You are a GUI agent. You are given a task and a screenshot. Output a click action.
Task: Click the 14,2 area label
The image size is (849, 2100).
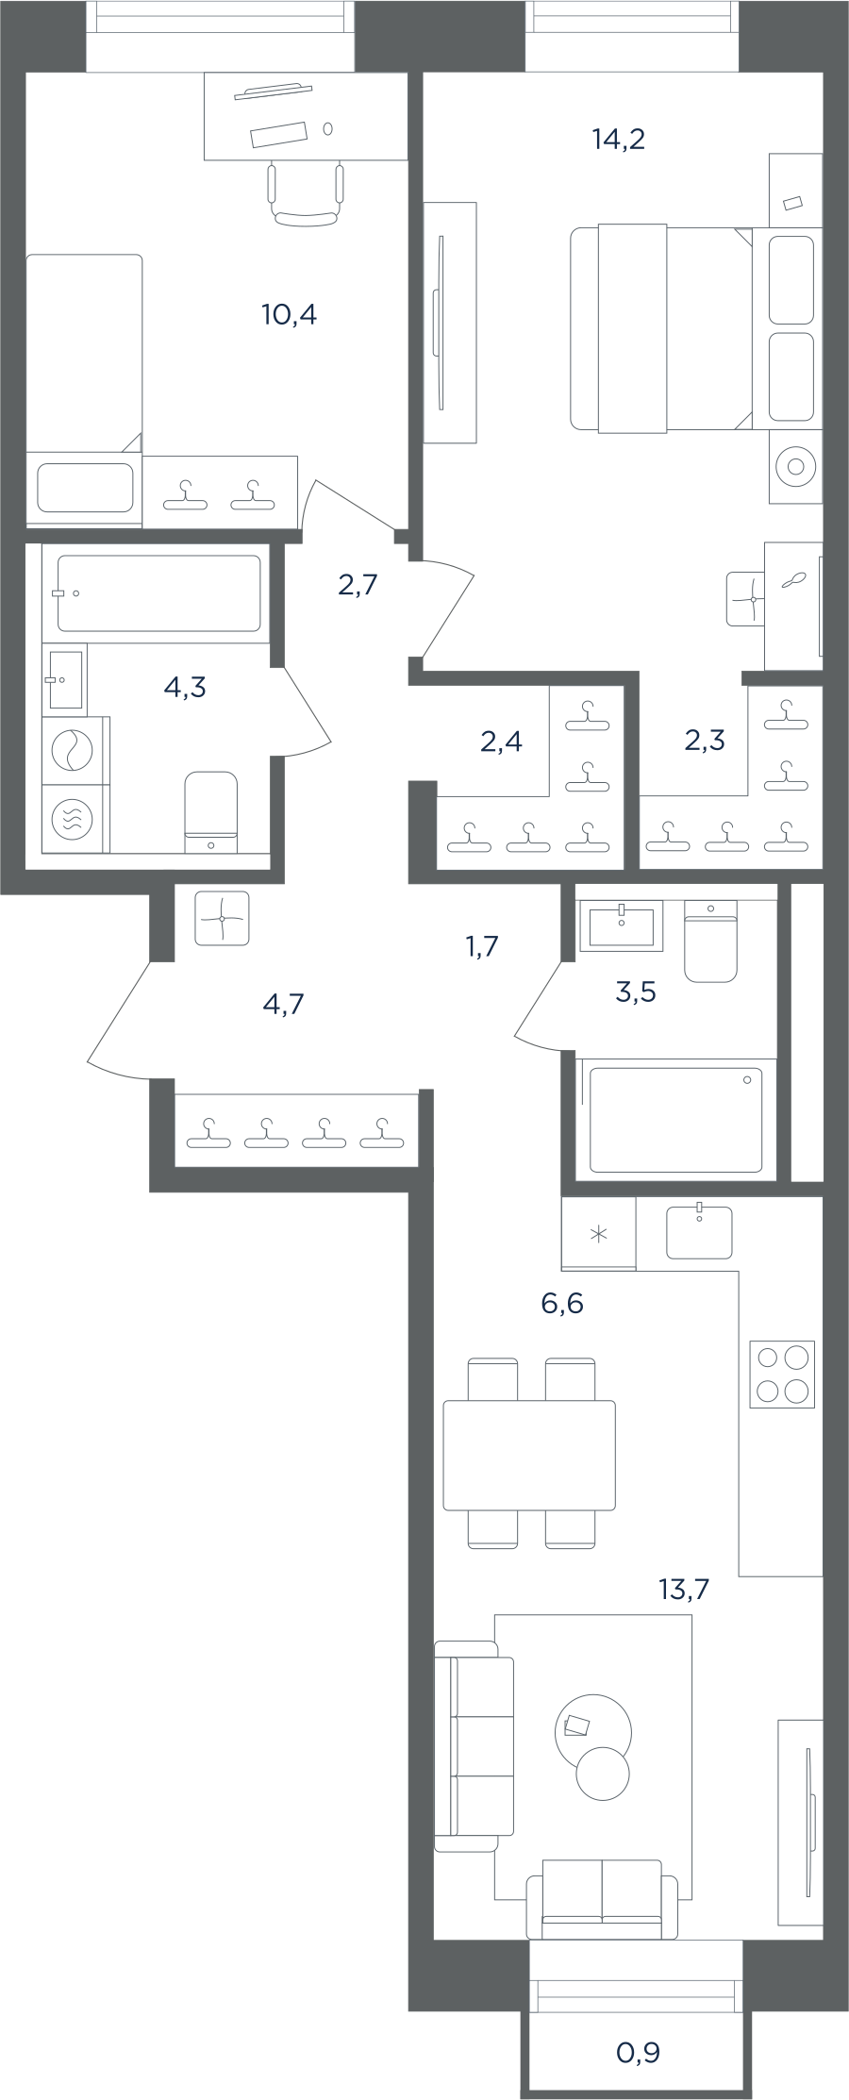tap(619, 140)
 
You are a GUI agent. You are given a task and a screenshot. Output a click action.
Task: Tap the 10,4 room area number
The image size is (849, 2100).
tap(289, 314)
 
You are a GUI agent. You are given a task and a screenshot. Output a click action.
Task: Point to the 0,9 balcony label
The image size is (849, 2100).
tap(638, 2052)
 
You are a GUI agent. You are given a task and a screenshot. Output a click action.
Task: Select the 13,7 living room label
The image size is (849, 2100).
tap(684, 1590)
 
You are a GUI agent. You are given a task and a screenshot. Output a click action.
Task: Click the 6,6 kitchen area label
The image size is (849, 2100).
tap(562, 1303)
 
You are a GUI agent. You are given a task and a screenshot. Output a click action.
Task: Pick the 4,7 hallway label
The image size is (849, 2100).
tap(283, 1004)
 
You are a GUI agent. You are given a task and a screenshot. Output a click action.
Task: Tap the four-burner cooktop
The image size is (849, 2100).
tap(782, 1375)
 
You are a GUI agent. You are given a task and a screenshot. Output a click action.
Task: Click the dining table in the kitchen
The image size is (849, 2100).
tap(529, 1455)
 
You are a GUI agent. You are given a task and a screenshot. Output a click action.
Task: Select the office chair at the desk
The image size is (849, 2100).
tap(305, 193)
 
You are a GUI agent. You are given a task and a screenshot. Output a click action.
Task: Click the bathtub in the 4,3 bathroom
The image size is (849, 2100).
tap(158, 593)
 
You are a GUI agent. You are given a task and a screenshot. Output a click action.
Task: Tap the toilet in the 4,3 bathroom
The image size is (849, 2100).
tap(210, 811)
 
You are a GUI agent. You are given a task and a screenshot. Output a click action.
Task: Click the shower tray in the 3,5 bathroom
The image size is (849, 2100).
tap(675, 1120)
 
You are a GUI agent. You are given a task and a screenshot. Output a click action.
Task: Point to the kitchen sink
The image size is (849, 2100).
tap(699, 1232)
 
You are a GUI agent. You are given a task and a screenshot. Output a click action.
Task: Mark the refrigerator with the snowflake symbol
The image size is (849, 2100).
tap(598, 1233)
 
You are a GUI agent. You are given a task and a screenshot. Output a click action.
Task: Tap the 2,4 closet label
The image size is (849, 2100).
tap(501, 742)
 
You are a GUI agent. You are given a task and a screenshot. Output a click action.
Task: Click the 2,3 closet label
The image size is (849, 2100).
tap(705, 741)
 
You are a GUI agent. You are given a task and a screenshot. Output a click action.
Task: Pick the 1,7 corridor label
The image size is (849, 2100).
tap(482, 945)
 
